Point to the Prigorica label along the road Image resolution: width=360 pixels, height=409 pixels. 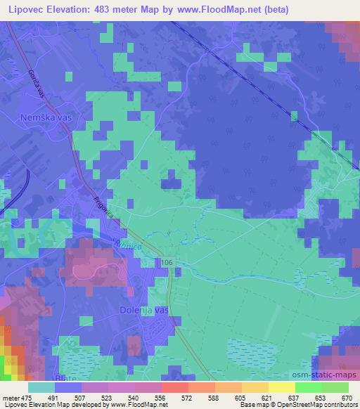[103, 209]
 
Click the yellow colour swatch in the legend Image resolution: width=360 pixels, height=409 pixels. [281, 387]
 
